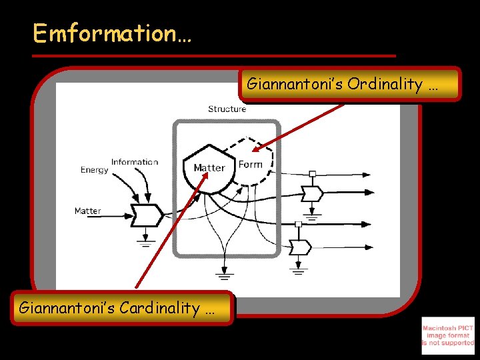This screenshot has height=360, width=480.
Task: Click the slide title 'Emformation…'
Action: (112, 33)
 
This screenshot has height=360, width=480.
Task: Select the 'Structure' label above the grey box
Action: (227, 109)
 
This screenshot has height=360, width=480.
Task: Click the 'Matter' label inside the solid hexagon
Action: (209, 167)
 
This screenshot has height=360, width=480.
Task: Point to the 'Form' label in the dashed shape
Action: (250, 164)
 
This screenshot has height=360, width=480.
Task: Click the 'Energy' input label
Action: (94, 170)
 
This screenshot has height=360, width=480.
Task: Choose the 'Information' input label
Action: (135, 162)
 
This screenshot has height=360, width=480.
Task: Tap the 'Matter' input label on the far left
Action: (87, 211)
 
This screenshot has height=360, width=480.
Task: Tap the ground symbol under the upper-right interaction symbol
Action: (311, 216)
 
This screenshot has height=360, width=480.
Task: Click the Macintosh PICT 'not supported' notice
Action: (448, 335)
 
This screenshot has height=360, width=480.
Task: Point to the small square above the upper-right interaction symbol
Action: (312, 175)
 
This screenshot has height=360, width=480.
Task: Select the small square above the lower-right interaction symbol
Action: (299, 225)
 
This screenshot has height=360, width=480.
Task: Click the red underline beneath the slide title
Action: (213, 55)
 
